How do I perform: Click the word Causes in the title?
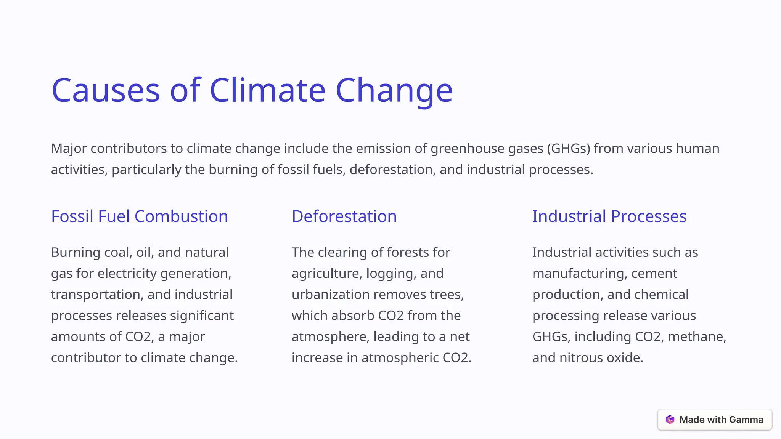click(x=106, y=90)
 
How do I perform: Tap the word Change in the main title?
click(x=394, y=90)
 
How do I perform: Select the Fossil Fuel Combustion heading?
click(x=140, y=216)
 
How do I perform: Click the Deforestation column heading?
click(x=344, y=216)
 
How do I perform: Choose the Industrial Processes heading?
click(x=609, y=216)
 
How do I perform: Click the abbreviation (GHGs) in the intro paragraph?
click(x=568, y=149)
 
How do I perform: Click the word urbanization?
click(x=330, y=295)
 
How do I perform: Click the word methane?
click(x=697, y=337)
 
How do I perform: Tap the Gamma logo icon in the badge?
click(x=670, y=420)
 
